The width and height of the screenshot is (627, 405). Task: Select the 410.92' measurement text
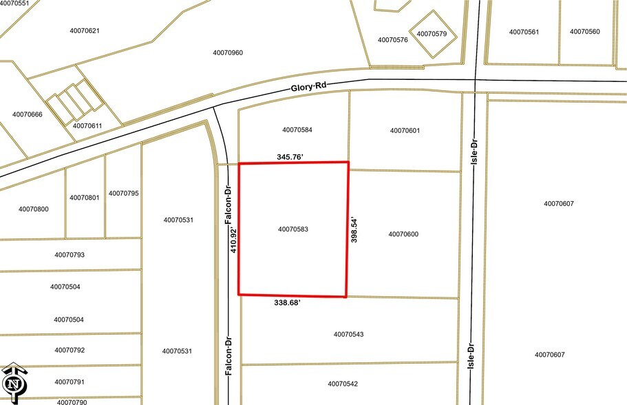(233, 239)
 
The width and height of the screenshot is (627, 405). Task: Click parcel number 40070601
(405, 130)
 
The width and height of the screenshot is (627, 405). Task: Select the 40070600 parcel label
(403, 234)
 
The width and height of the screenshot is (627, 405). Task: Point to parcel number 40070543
(348, 334)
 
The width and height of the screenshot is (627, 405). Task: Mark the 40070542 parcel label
(343, 384)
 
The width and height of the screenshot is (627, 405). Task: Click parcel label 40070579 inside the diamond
(432, 34)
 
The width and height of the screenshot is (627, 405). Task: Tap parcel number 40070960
(228, 53)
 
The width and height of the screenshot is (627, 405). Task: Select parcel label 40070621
(85, 30)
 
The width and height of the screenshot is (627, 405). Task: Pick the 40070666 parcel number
(28, 114)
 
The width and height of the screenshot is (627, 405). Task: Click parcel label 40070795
(124, 194)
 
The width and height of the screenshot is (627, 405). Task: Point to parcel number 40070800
(34, 209)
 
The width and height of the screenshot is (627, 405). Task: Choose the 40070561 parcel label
(524, 32)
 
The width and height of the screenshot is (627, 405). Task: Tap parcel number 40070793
(70, 255)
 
